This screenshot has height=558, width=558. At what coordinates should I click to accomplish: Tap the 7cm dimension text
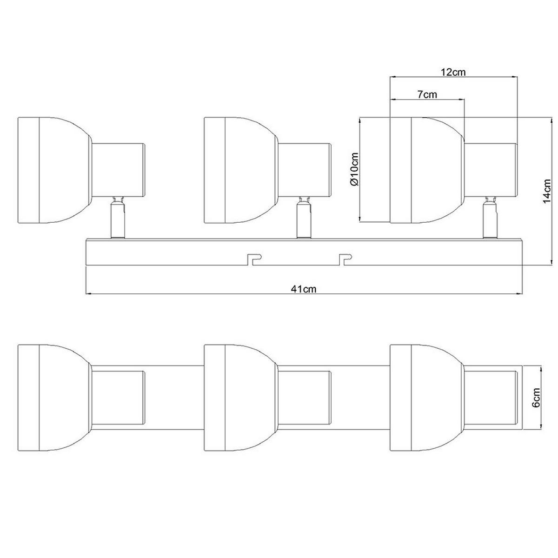coord(427,94)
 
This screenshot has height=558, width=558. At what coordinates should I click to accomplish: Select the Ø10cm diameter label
coord(354,169)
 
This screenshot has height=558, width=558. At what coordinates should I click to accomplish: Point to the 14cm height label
coord(546,191)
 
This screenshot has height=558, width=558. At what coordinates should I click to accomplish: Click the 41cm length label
coord(304,289)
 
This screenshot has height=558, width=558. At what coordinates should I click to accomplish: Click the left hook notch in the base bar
coord(255,259)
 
